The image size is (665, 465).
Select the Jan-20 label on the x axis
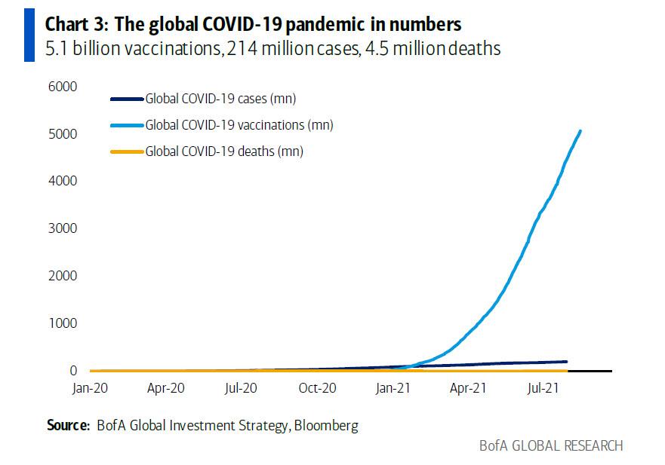91,389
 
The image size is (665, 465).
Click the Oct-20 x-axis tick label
316,389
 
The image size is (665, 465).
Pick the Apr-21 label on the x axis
467,389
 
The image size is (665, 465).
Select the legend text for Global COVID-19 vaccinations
239,125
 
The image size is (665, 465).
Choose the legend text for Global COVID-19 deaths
224,151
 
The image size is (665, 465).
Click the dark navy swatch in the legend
126,98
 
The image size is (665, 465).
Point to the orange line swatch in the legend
126,151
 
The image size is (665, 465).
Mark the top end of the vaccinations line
580,131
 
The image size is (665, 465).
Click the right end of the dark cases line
566,362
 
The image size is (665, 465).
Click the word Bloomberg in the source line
325,426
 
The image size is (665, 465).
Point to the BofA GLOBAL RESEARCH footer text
551,445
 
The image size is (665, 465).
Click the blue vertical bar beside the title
29,36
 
